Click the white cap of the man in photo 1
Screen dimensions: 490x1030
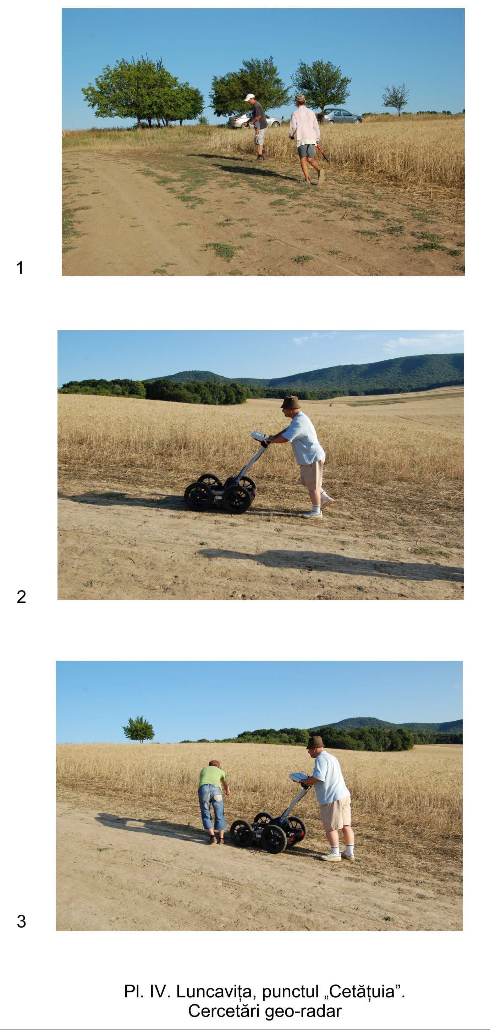point(249,97)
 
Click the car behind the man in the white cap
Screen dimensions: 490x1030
point(254,120)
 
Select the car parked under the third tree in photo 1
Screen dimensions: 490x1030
point(339,116)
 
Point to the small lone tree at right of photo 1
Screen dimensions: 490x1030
point(396,99)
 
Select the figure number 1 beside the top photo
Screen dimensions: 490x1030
point(20,267)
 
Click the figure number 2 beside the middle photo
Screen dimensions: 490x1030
point(21,597)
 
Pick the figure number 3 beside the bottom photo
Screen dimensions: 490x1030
point(21,921)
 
